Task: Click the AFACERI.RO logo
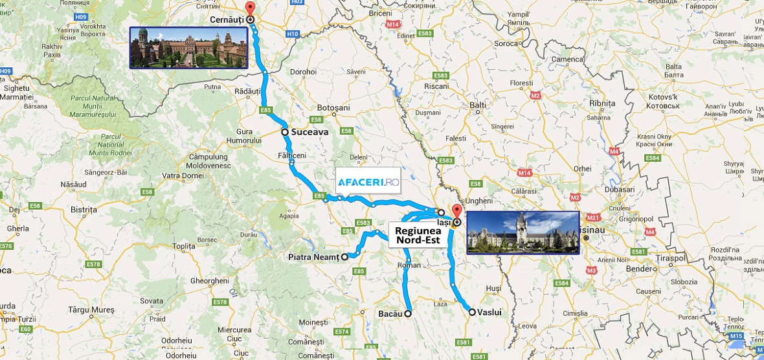point(368,183)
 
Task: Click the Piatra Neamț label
point(313,257)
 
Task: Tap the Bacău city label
point(390,313)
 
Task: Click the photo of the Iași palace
point(522,232)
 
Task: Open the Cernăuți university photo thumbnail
point(189,47)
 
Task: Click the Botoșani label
point(334,107)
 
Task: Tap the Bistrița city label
point(83,210)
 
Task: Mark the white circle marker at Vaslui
point(472,312)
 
